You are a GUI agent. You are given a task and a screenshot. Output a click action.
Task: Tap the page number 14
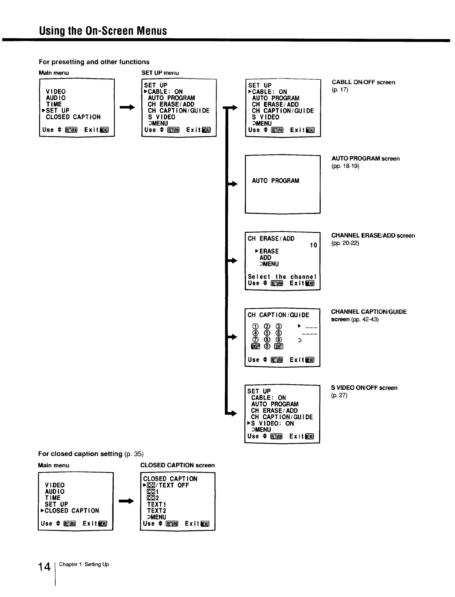point(44,567)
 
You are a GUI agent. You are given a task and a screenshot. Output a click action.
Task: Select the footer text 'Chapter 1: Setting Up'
point(84,564)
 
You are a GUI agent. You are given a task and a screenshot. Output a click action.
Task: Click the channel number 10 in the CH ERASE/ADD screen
point(313,245)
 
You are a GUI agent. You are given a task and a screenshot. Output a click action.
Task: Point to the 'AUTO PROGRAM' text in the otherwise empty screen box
point(276,181)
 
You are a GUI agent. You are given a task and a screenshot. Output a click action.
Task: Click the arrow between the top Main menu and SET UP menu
point(127,108)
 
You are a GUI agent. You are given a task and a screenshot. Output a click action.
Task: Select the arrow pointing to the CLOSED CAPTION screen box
point(126,501)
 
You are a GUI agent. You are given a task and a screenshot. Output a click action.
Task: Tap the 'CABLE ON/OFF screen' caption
point(363,82)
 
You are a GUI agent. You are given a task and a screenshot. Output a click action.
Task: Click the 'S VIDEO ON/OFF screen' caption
point(364,388)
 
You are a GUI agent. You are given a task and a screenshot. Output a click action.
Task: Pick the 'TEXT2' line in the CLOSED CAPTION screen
point(156,511)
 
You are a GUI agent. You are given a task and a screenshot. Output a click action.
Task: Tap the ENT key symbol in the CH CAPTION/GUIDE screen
point(279,347)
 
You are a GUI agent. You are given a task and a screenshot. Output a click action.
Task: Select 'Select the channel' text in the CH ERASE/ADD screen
point(282,277)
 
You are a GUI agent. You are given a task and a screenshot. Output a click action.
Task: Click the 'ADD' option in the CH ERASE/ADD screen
point(265,258)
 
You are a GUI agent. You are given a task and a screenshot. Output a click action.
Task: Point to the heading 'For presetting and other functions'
point(94,62)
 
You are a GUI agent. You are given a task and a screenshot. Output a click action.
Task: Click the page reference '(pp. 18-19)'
point(345,166)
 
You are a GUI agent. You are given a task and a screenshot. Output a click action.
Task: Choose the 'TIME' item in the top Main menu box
point(54,104)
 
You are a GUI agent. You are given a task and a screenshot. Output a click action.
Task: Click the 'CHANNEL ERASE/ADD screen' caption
point(373,236)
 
